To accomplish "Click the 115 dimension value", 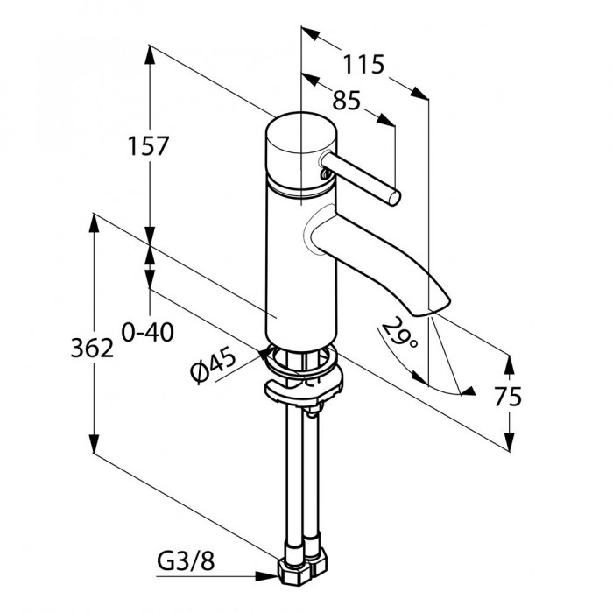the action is click(363, 65).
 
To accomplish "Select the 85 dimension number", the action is click(346, 101).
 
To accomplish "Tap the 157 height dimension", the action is click(148, 146).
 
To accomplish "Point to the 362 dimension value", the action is click(92, 348).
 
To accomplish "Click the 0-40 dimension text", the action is click(147, 333).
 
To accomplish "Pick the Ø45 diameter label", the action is click(214, 364).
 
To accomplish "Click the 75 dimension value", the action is click(508, 397).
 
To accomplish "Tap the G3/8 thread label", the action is click(186, 562).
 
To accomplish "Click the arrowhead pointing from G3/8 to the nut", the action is click(268, 575).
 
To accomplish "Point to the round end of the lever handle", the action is click(394, 198).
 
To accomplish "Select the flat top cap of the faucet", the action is click(300, 133).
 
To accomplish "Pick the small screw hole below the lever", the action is click(324, 174).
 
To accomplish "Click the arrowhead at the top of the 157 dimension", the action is click(150, 54).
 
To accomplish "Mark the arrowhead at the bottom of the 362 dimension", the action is click(94, 443).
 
